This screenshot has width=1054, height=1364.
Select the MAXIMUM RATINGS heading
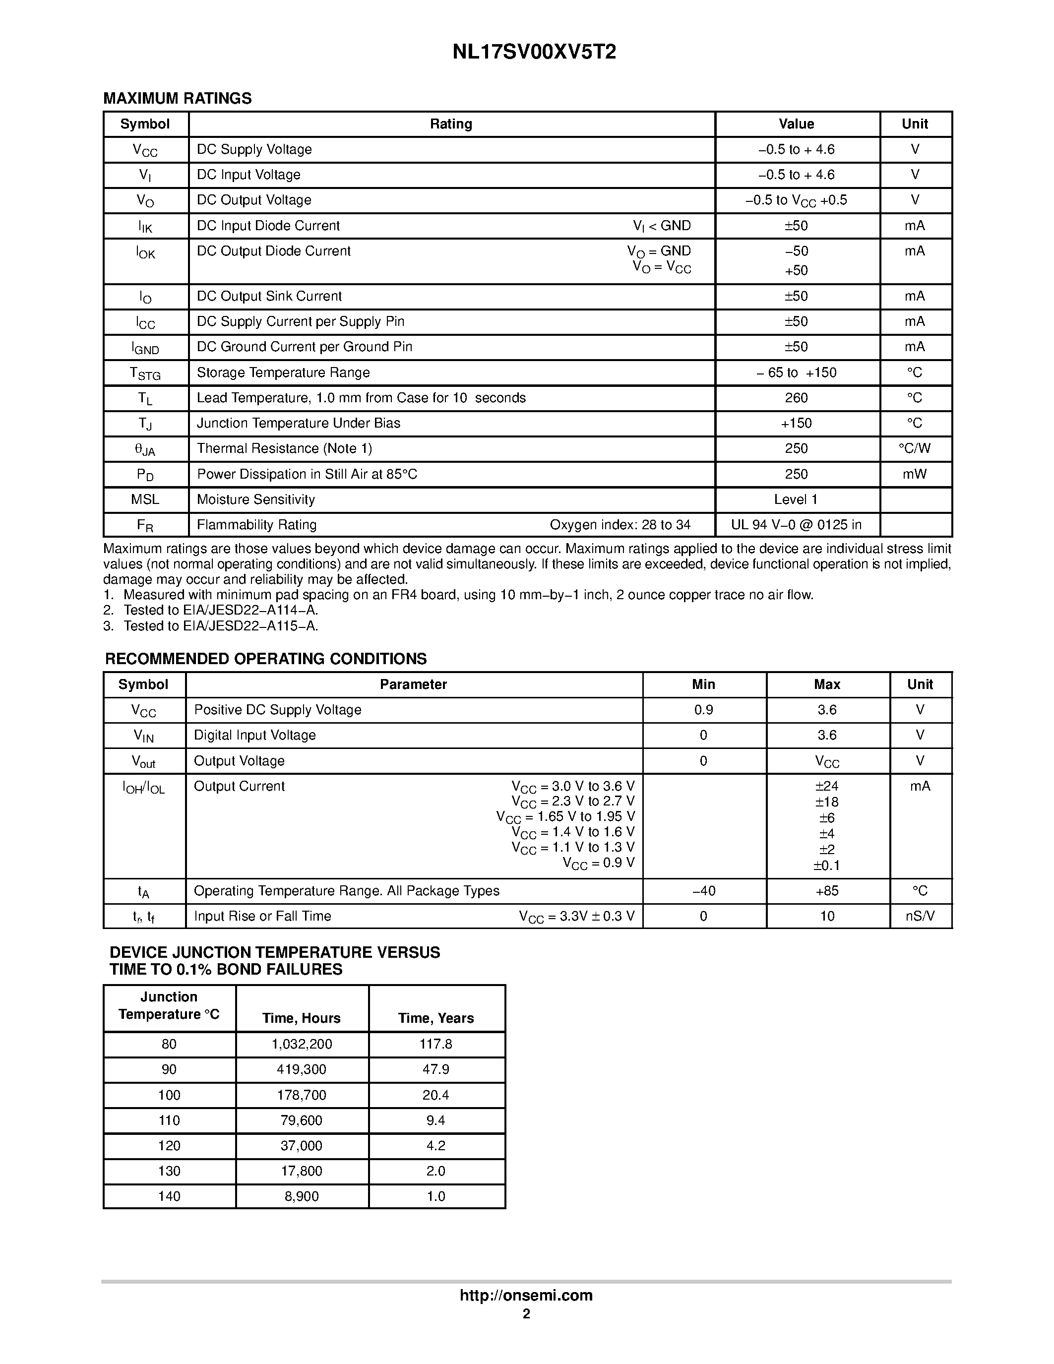178,99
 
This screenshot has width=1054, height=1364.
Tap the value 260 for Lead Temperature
796,398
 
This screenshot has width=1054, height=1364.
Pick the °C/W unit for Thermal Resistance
914,448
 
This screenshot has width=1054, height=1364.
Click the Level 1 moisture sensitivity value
796,499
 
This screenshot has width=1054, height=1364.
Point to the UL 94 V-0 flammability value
796,525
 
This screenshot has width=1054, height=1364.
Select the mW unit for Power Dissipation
914,474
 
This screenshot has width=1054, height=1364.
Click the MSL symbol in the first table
145,499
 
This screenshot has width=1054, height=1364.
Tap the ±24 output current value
827,786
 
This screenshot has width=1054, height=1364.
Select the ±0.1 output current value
827,866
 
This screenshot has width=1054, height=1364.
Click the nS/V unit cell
920,916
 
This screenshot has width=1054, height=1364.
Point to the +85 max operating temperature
827,891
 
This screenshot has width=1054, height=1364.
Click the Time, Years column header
436,1018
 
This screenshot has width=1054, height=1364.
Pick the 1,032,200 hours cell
302,1044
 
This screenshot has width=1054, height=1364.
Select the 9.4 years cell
436,1120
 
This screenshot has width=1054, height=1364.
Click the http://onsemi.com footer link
526,1295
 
